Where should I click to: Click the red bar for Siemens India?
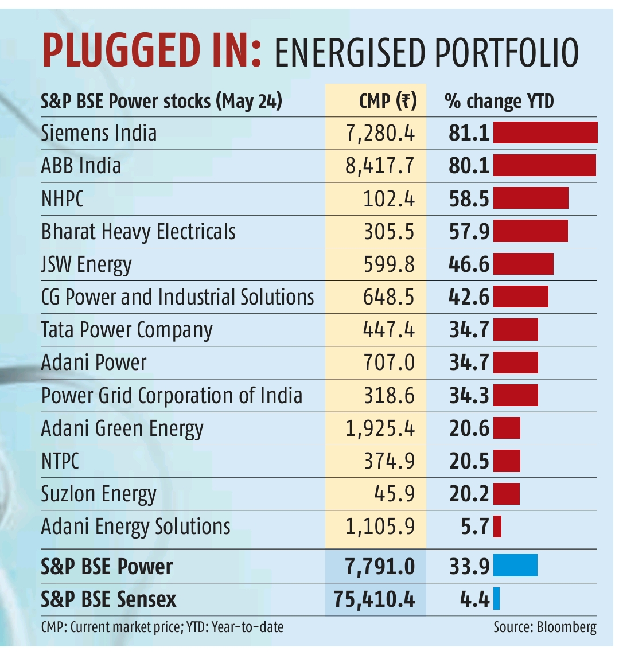545,132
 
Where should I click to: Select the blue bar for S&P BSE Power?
515,566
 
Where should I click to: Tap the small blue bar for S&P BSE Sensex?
497,599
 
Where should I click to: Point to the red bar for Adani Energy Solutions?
497,526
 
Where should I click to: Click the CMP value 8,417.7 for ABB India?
380,166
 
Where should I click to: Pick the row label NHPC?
63,199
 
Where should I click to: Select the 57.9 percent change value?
469,232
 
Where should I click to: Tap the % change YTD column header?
499,101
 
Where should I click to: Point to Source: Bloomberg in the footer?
544,627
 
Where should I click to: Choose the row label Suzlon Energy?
99,494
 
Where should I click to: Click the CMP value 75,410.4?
374,599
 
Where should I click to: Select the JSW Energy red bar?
523,264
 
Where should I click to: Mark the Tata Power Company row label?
127,330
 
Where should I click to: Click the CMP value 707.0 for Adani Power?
388,362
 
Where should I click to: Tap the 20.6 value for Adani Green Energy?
469,428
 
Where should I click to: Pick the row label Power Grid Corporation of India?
172,396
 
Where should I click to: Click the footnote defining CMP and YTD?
162,627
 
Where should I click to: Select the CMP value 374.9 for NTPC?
388,461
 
